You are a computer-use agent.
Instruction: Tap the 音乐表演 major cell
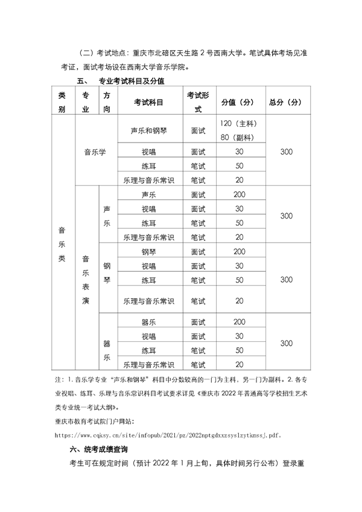tap(86, 279)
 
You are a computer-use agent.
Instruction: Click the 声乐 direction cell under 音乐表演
tap(107, 216)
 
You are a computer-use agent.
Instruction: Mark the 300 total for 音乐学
tap(286, 152)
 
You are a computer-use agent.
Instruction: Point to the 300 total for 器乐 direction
tap(286, 343)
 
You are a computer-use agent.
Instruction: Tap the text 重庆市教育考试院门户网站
tap(95, 420)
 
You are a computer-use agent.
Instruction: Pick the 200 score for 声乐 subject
tap(240, 194)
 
